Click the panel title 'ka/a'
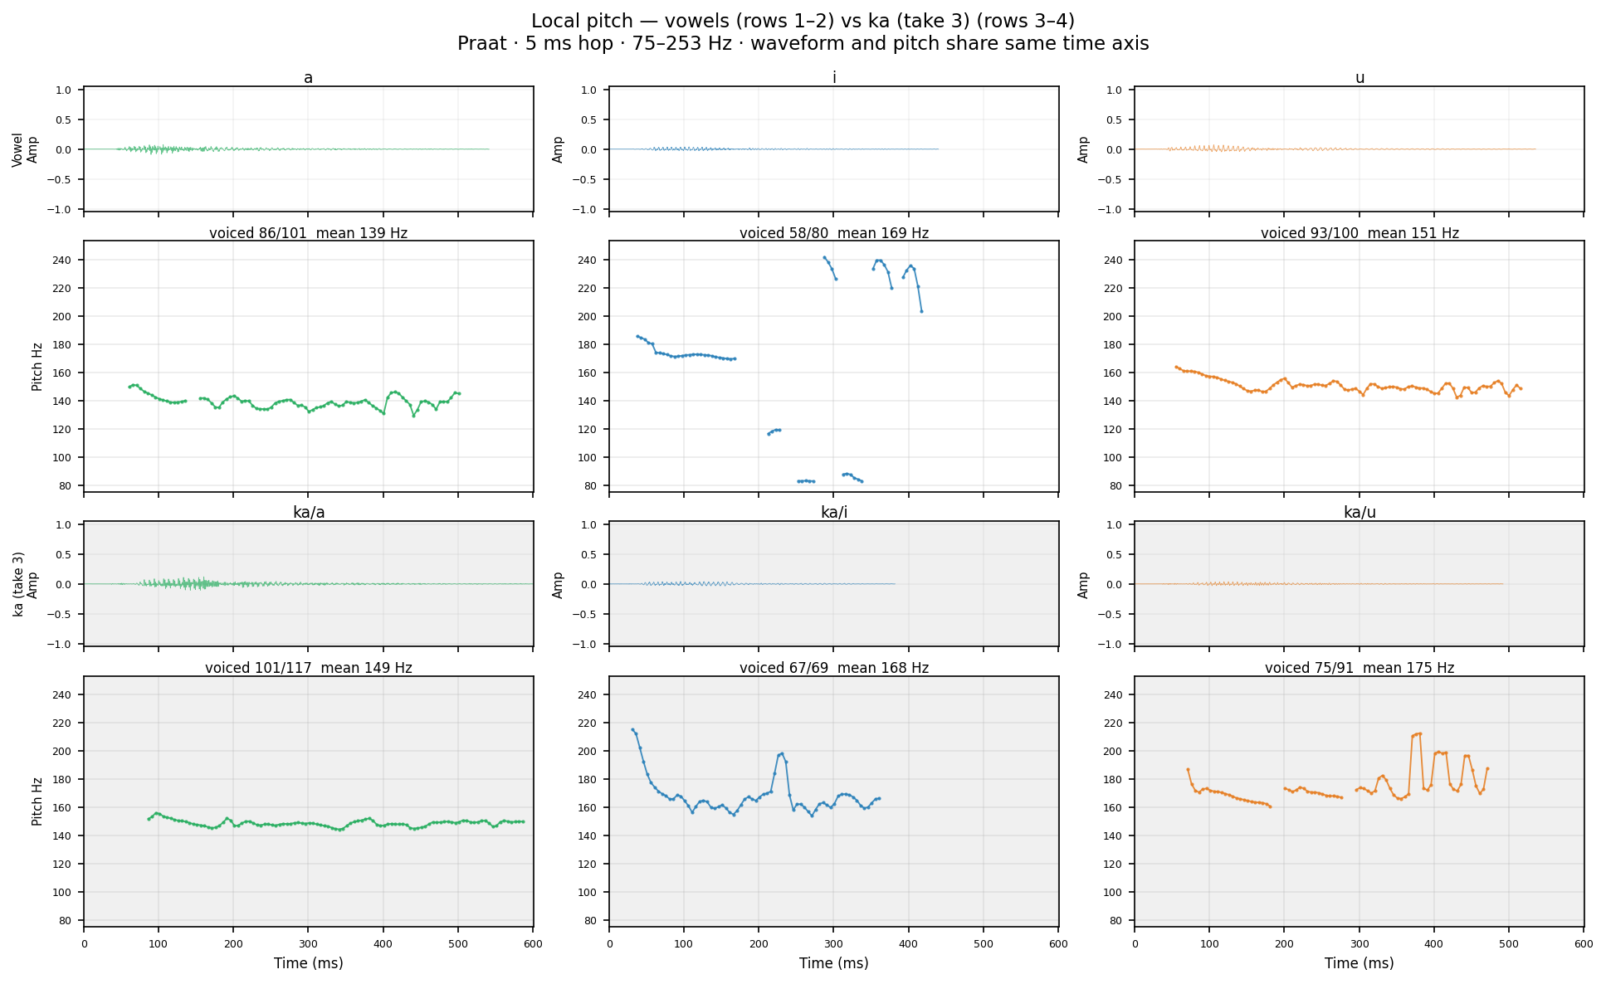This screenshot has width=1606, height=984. (309, 513)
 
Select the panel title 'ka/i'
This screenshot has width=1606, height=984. (834, 513)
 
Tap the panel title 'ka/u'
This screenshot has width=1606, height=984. (1359, 513)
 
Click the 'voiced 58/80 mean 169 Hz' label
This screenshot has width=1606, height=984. (834, 233)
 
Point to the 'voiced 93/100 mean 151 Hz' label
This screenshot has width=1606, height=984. (1359, 233)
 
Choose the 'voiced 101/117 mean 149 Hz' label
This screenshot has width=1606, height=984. (309, 668)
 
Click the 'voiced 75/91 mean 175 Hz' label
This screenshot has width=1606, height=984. (1359, 668)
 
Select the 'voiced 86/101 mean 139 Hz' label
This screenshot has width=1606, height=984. (309, 233)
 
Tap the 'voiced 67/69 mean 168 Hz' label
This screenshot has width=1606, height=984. (834, 668)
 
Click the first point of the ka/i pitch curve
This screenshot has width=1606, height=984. (632, 730)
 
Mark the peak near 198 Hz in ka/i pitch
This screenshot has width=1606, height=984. (782, 753)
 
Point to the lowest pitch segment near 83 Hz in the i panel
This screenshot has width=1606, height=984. (806, 481)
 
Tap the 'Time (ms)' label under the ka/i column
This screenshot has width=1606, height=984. (834, 963)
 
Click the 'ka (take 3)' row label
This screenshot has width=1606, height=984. (19, 584)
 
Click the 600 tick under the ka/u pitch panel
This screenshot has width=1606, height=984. (1584, 943)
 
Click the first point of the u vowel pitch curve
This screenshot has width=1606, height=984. (1176, 367)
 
